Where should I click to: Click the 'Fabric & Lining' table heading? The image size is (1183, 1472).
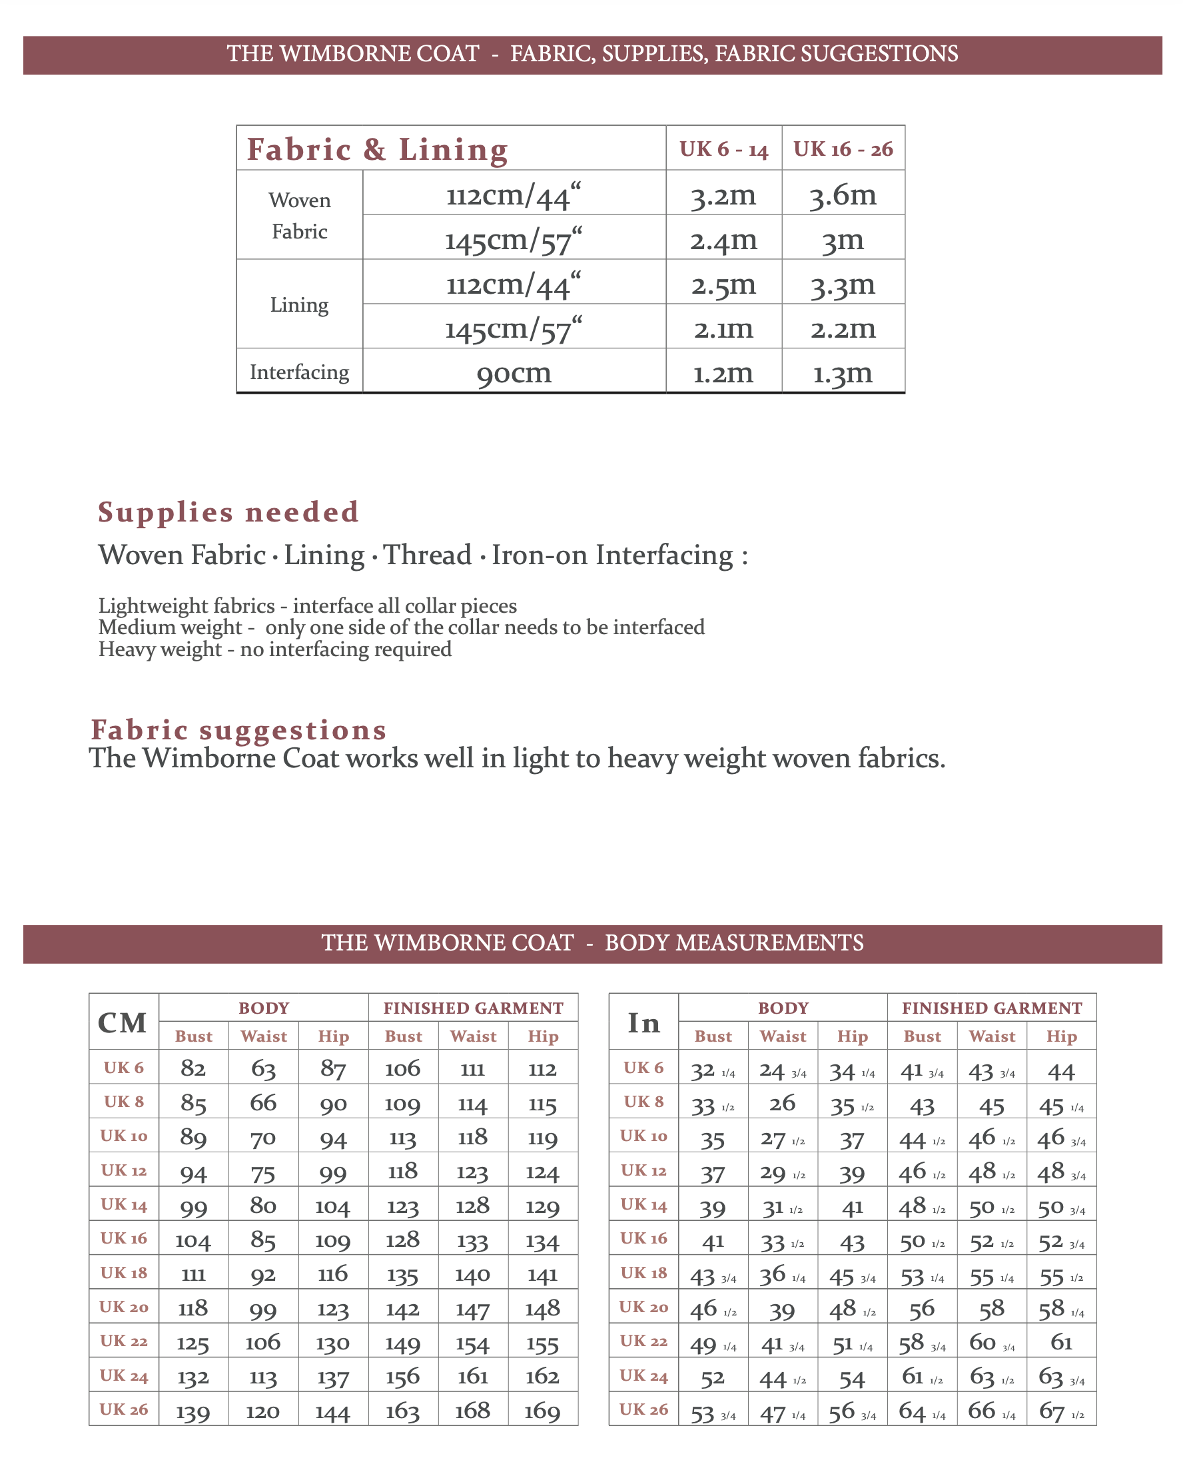tap(378, 149)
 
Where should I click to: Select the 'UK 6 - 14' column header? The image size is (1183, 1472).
tap(723, 149)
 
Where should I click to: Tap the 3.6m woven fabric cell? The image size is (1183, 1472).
tap(843, 194)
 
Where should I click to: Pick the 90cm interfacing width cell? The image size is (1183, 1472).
tap(514, 373)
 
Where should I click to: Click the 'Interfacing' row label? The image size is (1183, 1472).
tap(299, 372)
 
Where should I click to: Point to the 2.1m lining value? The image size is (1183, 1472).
tap(723, 329)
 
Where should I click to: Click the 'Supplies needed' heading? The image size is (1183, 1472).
tap(228, 512)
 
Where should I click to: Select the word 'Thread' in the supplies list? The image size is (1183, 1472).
tap(428, 555)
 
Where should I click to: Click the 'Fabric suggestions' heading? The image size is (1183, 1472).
tap(239, 730)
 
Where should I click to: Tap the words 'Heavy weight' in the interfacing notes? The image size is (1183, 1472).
tap(160, 649)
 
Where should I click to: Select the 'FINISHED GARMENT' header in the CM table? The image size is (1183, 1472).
tap(473, 1008)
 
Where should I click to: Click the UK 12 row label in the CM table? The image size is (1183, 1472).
tap(123, 1170)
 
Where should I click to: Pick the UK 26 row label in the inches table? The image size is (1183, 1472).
tap(643, 1409)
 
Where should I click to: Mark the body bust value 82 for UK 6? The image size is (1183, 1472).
tap(193, 1068)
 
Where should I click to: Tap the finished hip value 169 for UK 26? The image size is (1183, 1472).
tap(542, 1411)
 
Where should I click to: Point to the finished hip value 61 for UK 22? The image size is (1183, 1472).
tap(1061, 1342)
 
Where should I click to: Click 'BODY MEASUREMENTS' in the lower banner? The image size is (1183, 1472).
tap(734, 943)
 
